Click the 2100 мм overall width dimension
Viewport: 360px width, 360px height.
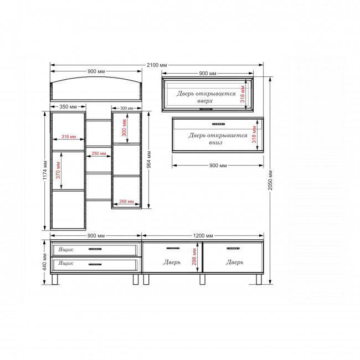point(157,65)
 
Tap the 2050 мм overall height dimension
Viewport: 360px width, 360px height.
point(270,180)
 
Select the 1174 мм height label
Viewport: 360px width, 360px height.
point(45,170)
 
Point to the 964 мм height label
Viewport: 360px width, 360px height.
point(149,160)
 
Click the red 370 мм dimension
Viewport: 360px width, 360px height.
point(58,170)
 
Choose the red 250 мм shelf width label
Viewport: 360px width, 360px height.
point(99,153)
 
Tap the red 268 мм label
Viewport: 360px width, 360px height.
point(126,202)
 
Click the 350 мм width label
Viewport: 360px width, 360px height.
point(68,107)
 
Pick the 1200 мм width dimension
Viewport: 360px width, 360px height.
point(203,236)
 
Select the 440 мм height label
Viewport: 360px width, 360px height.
point(45,262)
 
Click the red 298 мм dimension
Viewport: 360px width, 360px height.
point(194,256)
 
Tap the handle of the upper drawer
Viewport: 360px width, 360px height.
point(95,249)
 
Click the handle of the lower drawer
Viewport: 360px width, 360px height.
point(95,265)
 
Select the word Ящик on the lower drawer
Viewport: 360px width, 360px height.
point(66,263)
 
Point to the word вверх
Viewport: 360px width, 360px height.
point(205,101)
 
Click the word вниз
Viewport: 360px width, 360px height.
point(215,142)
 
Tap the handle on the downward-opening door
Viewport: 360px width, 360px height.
point(219,124)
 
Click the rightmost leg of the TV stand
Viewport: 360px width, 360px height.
point(259,279)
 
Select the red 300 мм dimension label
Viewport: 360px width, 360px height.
point(124,127)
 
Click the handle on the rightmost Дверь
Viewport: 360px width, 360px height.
point(233,249)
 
